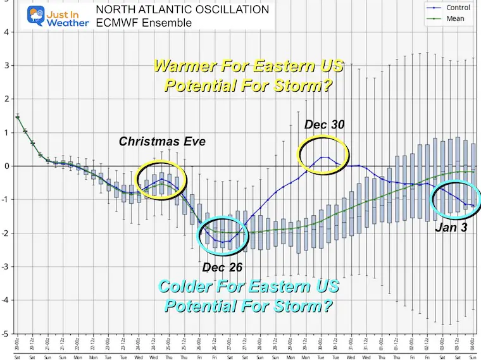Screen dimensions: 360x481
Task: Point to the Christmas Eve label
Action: pyautogui.click(x=162, y=141)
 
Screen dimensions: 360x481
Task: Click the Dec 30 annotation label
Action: pyautogui.click(x=324, y=125)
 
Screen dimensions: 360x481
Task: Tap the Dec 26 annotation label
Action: pyautogui.click(x=222, y=267)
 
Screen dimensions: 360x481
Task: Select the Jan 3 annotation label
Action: pyautogui.click(x=451, y=227)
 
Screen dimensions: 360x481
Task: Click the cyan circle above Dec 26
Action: pyautogui.click(x=223, y=235)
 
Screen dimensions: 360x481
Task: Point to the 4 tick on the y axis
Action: pyautogui.click(x=6, y=32)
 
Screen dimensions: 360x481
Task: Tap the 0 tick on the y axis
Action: pyautogui.click(x=6, y=166)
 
